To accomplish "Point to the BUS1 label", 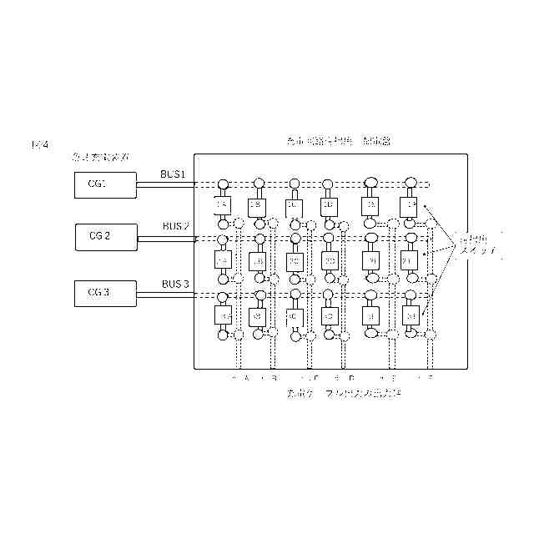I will (178, 174).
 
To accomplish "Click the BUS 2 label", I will (176, 226).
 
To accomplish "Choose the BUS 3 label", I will (175, 285).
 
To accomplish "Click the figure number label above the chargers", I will (39, 145).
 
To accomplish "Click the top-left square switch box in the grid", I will (222, 205).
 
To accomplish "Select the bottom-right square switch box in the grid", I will (411, 316).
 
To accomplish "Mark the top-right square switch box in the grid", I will (411, 205).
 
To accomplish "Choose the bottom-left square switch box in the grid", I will (222, 316).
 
